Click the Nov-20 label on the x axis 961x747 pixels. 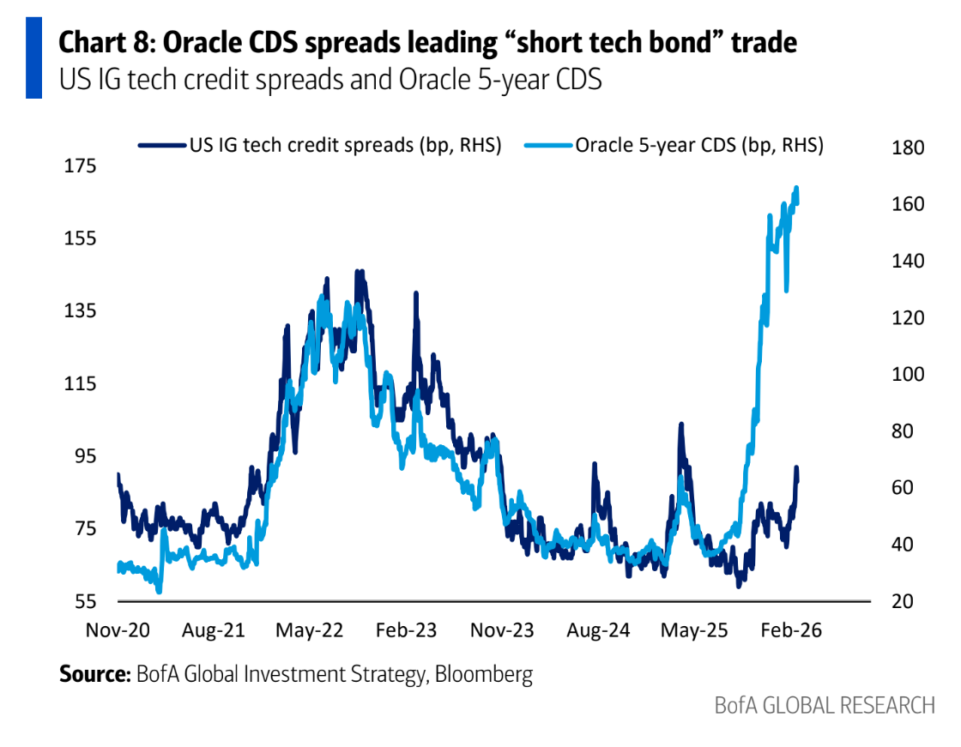(118, 630)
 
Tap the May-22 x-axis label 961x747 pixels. (309, 630)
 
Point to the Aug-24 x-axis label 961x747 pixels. (598, 630)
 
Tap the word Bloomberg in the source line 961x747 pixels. (484, 674)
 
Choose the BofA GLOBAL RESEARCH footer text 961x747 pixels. (825, 706)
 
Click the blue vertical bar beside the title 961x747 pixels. (33, 56)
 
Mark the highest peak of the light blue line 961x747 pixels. (796, 187)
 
